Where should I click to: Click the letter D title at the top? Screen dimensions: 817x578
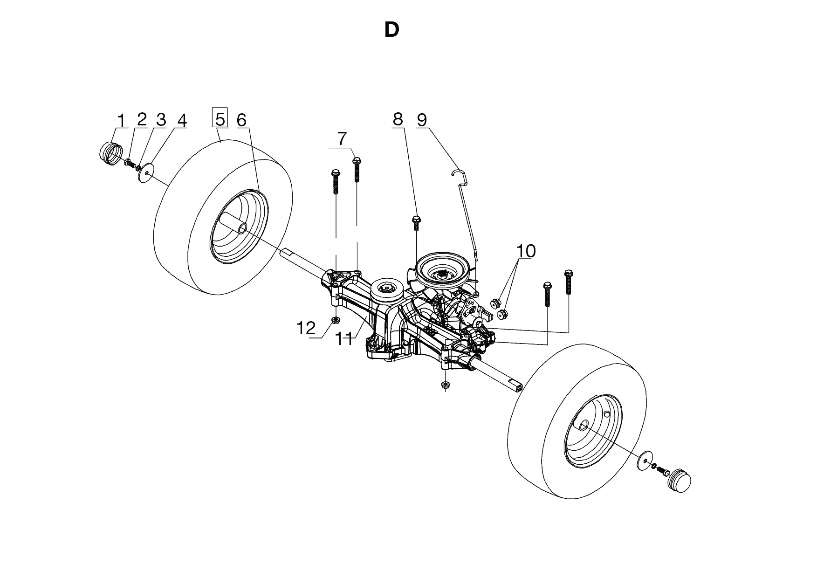coord(391,30)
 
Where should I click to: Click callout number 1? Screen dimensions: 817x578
coord(121,120)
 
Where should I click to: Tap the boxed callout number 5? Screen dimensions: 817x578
coord(220,118)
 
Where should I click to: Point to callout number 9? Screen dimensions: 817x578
coord(421,120)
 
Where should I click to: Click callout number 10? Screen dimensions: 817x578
coord(526,251)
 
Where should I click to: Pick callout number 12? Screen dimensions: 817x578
coord(307,328)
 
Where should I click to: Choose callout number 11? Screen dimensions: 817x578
coord(344,339)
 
